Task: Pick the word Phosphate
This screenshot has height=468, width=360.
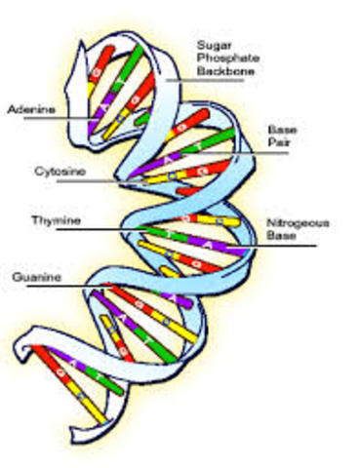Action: pos(226,58)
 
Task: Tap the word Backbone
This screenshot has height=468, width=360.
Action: pos(225,70)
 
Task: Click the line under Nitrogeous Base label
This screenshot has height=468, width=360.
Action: pos(283,246)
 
